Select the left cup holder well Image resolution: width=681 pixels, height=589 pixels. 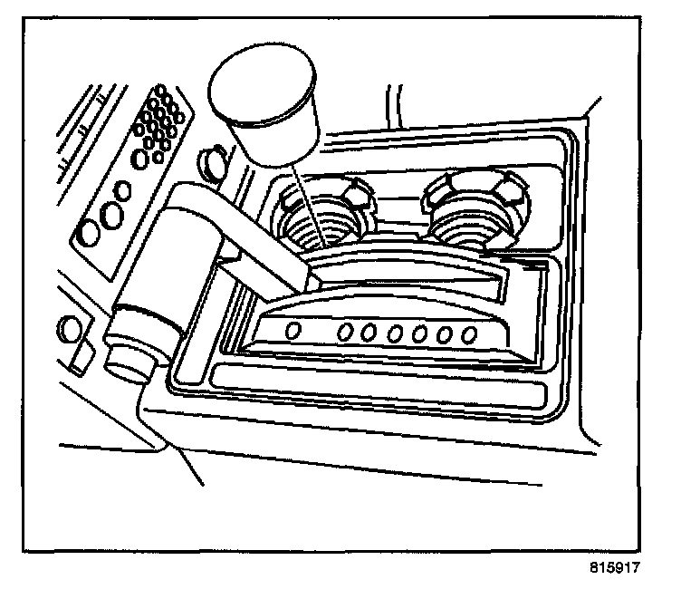coord(320,224)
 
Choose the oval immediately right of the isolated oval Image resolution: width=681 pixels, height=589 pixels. coord(345,333)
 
